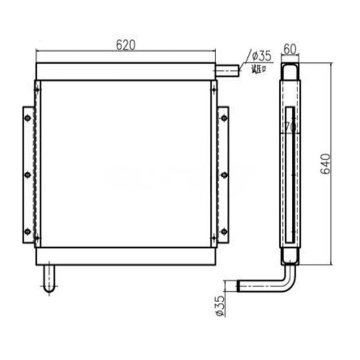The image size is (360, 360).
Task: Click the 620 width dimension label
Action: coord(125,45)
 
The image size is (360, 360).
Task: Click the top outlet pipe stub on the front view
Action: coord(227,70)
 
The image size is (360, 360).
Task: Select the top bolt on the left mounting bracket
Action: coord(28,118)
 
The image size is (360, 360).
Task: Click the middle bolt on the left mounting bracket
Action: coord(28,175)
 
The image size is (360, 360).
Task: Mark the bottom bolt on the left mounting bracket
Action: coord(28,231)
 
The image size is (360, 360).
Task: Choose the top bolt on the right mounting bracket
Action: coord(224,118)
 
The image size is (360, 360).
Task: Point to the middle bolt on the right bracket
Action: coord(224,175)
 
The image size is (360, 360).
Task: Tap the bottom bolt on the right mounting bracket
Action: coord(224,231)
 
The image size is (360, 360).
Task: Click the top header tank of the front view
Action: coord(125,71)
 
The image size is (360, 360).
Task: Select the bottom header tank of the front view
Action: coord(125,256)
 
